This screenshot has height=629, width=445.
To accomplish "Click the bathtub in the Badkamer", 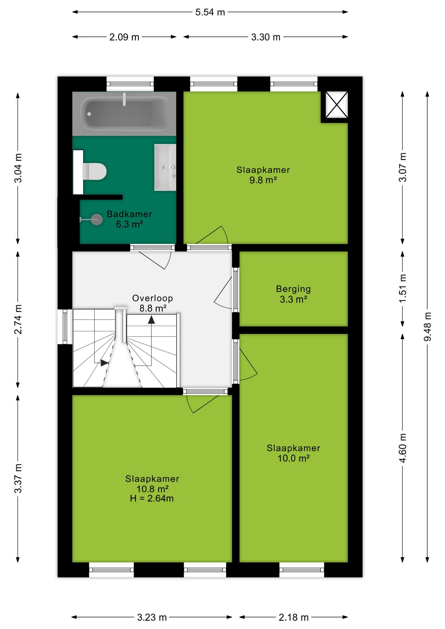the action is click(124, 113).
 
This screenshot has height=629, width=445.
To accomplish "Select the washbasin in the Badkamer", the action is click(165, 167).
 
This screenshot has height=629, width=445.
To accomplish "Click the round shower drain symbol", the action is click(96, 219).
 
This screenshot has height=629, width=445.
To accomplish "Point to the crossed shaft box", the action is click(337, 105).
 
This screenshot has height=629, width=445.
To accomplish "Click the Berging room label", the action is click(293, 289).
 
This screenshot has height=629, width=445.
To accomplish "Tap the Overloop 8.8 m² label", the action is click(153, 303).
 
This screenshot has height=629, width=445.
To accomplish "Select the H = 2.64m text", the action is click(152, 498).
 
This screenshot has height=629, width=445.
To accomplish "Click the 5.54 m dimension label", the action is click(210, 12).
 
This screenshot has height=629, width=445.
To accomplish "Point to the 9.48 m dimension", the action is click(428, 327).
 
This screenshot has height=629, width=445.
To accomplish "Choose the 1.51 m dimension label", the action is click(403, 289).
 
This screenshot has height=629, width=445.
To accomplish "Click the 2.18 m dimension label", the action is click(294, 617).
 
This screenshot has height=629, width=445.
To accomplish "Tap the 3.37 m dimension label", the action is click(18, 478).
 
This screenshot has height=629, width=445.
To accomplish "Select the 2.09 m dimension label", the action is click(124, 37).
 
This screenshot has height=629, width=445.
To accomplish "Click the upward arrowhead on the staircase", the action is click(151, 320).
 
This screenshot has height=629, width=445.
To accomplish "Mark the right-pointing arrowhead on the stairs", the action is click(105, 363).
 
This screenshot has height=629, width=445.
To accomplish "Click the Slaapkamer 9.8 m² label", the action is click(263, 175).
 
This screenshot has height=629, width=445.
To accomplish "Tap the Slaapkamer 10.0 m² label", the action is click(294, 453).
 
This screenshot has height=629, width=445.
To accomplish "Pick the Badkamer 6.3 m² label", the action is click(129, 219).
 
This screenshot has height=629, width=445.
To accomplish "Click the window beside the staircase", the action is click(65, 327).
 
